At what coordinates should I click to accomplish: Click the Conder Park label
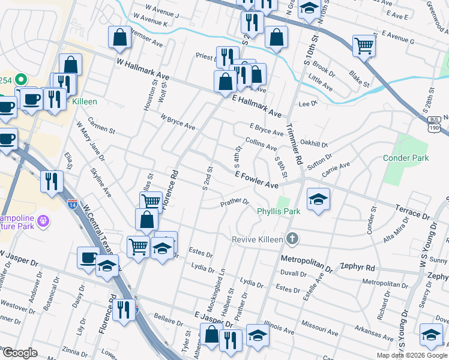tap(406, 158)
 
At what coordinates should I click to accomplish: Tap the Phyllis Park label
tap(278, 211)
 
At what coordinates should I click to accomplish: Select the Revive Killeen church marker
tap(292, 239)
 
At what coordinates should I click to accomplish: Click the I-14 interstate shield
tap(72, 205)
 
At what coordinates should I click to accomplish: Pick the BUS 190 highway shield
tap(433, 125)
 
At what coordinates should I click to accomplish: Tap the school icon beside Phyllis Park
tap(318, 199)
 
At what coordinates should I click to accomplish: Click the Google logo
tap(20, 353)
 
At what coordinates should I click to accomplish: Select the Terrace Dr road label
tap(413, 211)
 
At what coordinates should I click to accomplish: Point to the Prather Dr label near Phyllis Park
tap(234, 202)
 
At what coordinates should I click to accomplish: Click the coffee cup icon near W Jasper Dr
tap(88, 257)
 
